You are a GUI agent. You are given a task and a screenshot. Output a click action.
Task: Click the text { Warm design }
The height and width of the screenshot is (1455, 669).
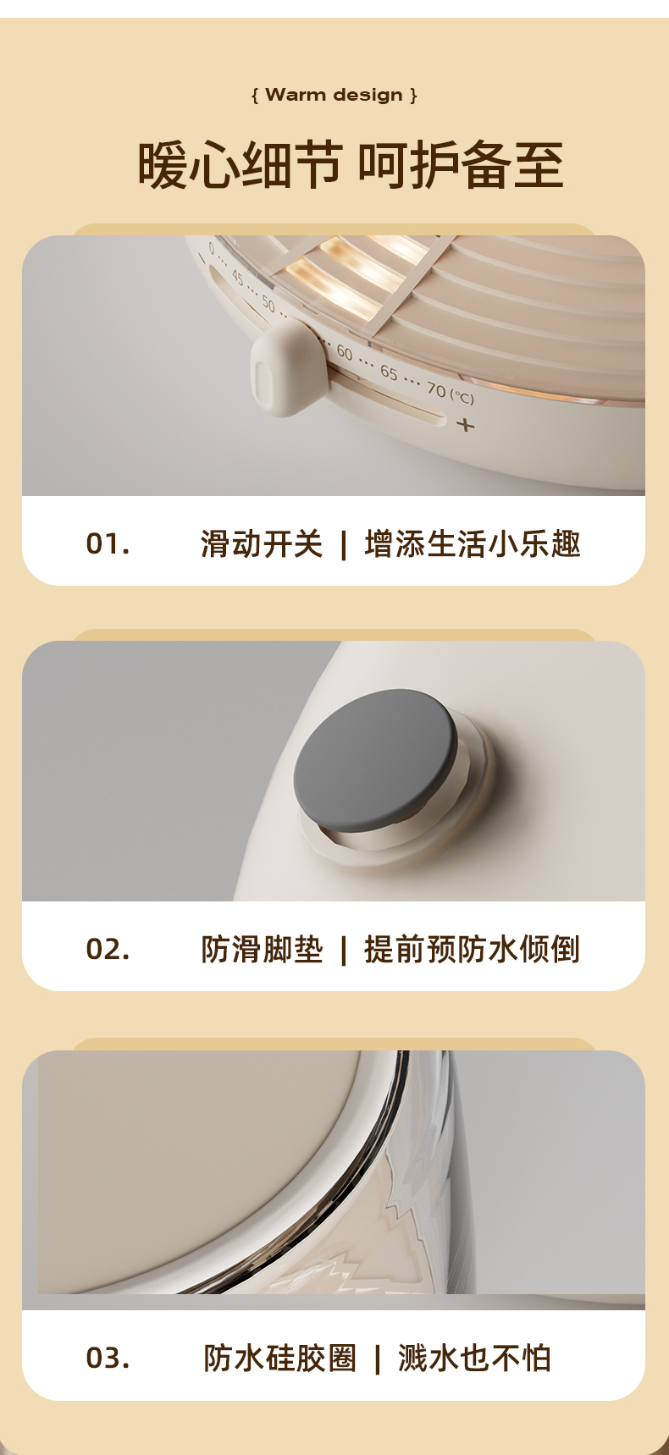[x=334, y=95]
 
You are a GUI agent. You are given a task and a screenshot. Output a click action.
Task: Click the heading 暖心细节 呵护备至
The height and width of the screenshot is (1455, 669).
[x=351, y=165]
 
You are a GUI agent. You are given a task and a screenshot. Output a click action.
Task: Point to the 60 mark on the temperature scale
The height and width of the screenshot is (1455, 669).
[x=345, y=352]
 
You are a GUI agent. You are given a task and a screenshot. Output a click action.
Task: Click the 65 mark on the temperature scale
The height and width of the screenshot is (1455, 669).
[x=389, y=372]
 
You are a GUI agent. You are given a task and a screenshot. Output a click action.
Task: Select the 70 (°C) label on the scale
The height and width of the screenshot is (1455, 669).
[x=450, y=392]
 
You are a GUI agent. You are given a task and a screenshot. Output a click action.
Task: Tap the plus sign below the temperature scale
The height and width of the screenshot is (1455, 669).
[x=466, y=424]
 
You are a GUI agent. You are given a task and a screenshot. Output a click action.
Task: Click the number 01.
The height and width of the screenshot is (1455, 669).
[x=108, y=543]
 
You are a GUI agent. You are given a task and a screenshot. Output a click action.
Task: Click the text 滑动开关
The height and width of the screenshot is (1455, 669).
[x=262, y=543]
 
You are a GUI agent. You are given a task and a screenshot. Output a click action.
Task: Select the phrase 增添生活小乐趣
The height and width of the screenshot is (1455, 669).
[x=473, y=543]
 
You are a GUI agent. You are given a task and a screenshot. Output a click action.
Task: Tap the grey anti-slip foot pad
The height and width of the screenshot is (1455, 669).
[x=376, y=758]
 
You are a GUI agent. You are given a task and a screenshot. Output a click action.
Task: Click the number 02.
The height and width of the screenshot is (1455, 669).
[x=108, y=949]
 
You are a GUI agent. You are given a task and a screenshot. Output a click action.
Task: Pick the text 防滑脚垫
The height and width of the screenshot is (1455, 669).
[x=262, y=949]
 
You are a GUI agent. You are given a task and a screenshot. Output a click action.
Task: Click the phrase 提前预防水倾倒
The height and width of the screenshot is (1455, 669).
[x=473, y=949]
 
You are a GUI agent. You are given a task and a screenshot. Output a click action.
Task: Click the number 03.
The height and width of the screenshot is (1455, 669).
[x=108, y=1358]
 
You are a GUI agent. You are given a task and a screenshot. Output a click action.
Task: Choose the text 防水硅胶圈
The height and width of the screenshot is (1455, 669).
[x=280, y=1358]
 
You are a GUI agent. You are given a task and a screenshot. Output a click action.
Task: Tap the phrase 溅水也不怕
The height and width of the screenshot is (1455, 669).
[x=474, y=1358]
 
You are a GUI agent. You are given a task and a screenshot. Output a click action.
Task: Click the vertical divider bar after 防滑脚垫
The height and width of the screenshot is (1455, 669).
[x=343, y=950]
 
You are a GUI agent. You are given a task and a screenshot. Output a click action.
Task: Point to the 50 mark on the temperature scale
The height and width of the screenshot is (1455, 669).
[x=268, y=303]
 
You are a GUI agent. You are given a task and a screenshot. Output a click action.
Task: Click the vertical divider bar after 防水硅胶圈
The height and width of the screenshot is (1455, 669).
[x=377, y=1359]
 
